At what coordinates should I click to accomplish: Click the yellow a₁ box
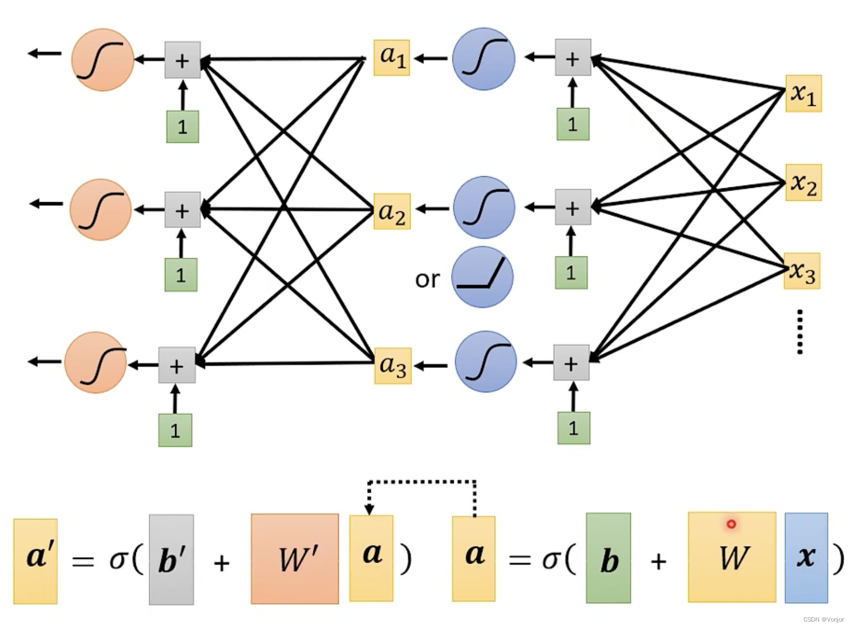pos(391,58)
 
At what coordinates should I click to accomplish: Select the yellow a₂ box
pos(392,211)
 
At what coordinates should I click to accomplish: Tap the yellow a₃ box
pos(392,366)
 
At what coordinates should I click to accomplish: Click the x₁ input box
pos(804,94)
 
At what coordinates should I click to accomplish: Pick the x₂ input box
pos(804,183)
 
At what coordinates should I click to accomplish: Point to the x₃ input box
pos(802,271)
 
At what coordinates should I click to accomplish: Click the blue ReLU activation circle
pos(482,277)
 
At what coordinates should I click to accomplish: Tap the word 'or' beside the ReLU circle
pos(428,279)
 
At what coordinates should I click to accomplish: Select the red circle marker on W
pos(731,524)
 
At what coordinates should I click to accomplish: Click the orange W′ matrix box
pos(295,559)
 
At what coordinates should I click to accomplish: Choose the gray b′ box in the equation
pos(171,559)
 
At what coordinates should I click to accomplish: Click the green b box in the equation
pos(608,558)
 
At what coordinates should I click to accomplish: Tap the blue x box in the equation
pos(806,558)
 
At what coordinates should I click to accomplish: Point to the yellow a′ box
pos(35,561)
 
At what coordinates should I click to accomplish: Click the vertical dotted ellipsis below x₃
pos(800,332)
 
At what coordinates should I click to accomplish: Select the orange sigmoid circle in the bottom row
pos(95,362)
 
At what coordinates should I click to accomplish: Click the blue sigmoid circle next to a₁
pos(484,59)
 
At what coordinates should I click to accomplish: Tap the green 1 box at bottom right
pos(574,428)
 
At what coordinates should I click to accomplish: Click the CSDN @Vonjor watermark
pos(823,619)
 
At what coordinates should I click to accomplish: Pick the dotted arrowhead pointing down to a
pos(369,509)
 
